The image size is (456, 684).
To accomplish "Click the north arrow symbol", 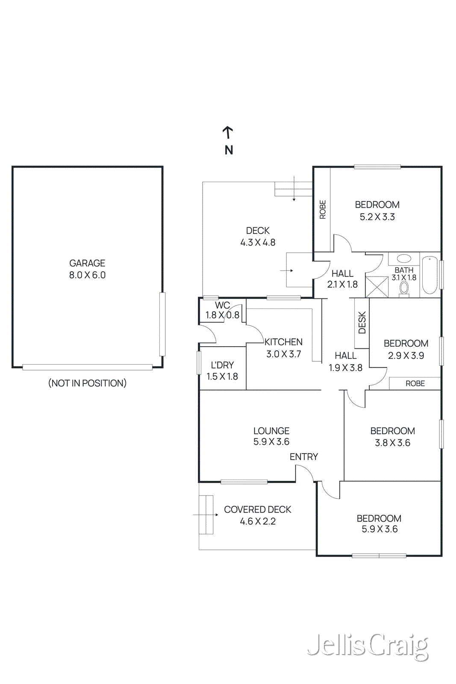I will [228, 133].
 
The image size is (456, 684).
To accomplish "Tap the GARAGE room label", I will [87, 263].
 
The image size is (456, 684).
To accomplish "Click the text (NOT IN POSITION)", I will [87, 383].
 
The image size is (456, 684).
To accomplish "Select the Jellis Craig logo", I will [368, 646].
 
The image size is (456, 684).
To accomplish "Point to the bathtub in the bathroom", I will [430, 275].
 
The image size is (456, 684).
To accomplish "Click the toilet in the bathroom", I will [404, 289].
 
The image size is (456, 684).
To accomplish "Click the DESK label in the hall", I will [362, 322].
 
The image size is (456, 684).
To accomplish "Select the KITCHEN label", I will [283, 342].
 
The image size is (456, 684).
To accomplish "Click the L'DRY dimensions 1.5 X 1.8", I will [222, 377].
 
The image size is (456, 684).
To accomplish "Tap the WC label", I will [222, 305].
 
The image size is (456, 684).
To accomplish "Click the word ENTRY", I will [304, 457].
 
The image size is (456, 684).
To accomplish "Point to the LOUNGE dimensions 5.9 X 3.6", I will [271, 442].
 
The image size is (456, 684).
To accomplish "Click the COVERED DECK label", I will [257, 510].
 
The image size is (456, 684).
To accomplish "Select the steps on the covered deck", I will [206, 515].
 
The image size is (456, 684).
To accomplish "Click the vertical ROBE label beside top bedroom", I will [323, 209].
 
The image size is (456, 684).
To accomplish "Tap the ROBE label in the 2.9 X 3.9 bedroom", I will [415, 383].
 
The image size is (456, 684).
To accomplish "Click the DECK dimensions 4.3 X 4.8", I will [258, 242].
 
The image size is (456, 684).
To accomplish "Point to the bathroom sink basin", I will [403, 259].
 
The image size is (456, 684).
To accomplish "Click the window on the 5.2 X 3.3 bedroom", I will [377, 167].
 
